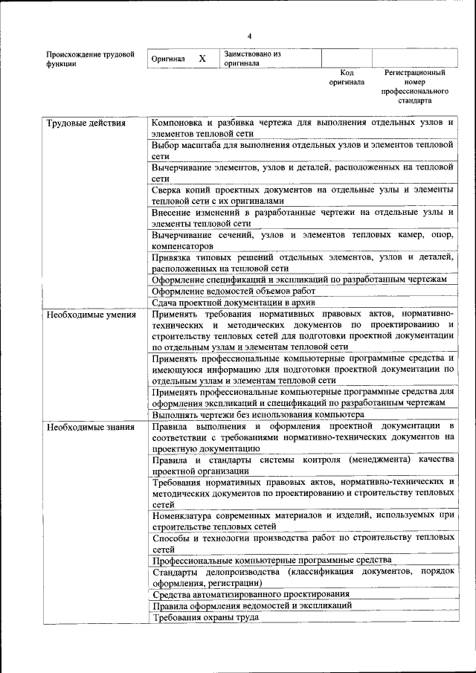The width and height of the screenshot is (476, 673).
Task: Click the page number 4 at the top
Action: (250, 36)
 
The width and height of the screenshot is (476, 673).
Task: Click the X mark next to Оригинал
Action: (202, 58)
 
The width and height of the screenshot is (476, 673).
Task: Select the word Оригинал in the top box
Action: (167, 59)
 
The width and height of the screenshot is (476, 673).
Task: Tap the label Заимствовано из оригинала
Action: (252, 59)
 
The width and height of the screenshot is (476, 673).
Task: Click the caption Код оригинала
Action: (347, 77)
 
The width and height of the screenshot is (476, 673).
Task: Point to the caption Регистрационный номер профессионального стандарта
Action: (414, 86)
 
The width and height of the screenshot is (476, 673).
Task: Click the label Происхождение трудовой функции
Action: (90, 59)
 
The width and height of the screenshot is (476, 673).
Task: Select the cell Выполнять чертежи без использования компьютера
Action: (257, 414)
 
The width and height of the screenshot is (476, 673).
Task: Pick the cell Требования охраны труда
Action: (205, 617)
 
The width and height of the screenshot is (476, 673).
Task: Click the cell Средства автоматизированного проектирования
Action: (251, 594)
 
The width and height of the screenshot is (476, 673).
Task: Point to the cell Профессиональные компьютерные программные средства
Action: (271, 560)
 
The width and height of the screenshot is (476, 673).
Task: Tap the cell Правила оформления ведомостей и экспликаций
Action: (251, 605)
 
